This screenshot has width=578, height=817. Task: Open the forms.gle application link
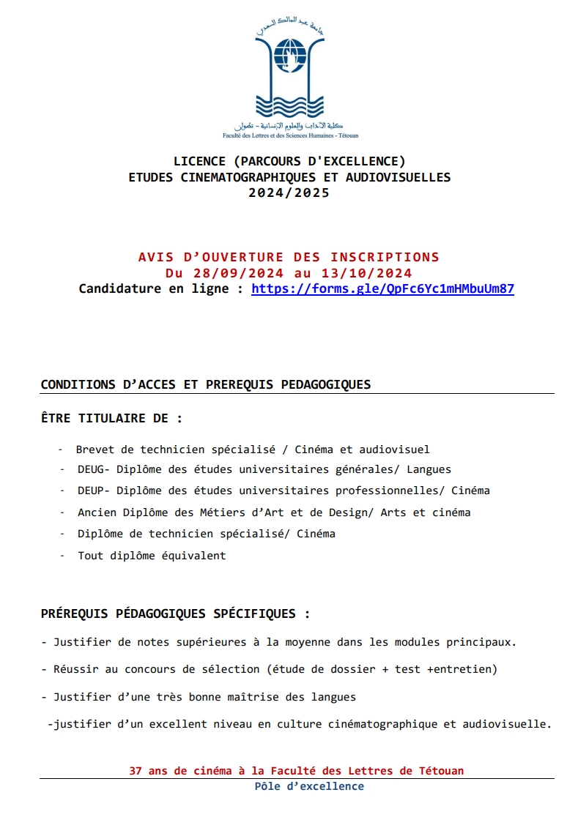click(x=382, y=288)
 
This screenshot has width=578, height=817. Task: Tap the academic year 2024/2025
click(x=289, y=193)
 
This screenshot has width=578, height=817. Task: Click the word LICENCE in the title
click(x=199, y=161)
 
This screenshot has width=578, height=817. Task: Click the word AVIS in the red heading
click(x=154, y=257)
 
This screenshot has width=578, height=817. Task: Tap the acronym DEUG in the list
click(x=92, y=469)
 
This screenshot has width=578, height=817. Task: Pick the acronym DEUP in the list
click(x=92, y=490)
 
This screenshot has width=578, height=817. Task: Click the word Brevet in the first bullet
click(x=95, y=449)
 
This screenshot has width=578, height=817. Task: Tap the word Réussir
click(x=75, y=669)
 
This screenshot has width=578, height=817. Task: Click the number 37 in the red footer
click(x=135, y=771)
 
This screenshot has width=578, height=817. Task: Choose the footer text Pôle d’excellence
click(x=309, y=786)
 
